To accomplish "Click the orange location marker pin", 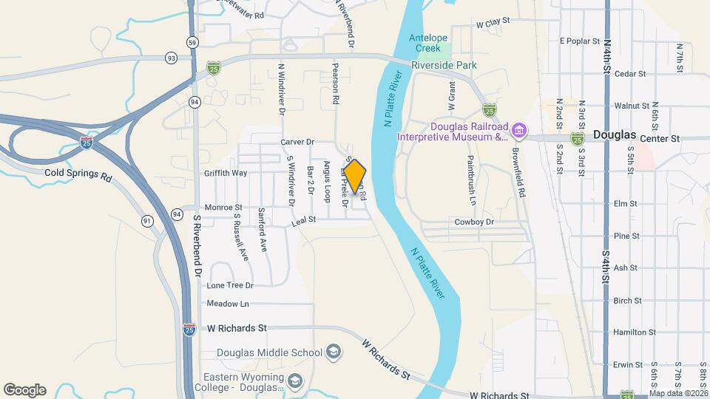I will (355, 177).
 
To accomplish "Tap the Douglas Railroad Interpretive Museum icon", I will (519, 132).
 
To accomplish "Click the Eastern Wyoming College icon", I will (295, 381).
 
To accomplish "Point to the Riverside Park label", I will (444, 65).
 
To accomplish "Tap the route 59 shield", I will (192, 41).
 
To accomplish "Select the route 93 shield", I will (172, 58).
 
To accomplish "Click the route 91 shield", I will (147, 221).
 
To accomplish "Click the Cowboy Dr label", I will (473, 222).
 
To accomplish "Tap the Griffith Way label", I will (226, 173).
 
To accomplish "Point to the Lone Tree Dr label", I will (230, 285).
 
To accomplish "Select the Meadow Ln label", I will (228, 304).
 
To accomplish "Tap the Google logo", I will (24, 390).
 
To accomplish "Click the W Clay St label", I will (493, 23).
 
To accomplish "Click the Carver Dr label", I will (297, 142).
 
